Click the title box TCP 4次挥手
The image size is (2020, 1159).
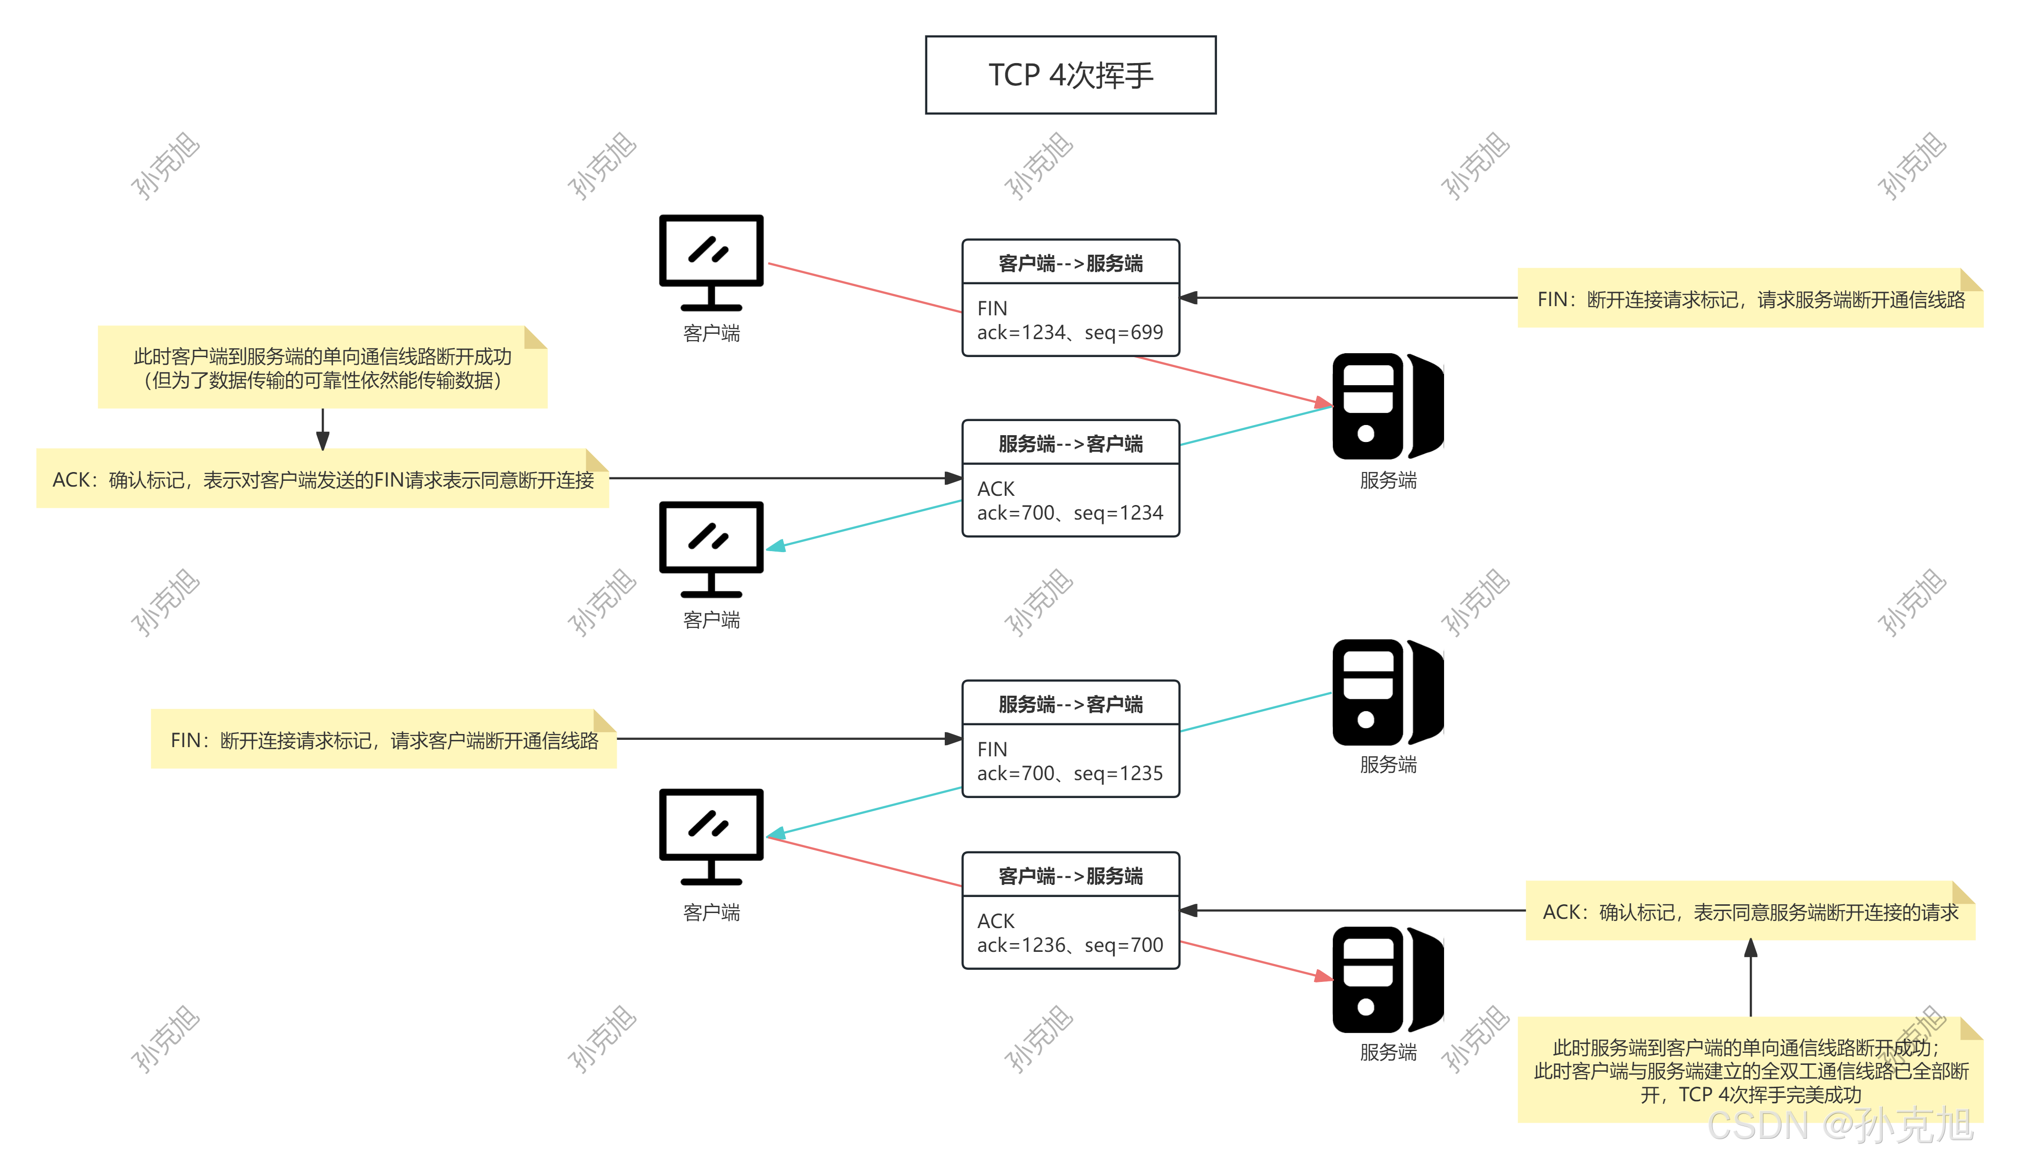(x=1070, y=75)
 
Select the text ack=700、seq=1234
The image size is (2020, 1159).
(x=1070, y=513)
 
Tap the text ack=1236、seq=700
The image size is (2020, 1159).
(x=1070, y=945)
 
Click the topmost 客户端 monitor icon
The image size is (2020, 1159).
(x=711, y=262)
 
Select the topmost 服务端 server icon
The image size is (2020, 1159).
(x=1387, y=406)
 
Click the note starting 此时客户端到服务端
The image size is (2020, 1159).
(x=322, y=368)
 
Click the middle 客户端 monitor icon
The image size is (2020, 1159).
(x=711, y=549)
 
